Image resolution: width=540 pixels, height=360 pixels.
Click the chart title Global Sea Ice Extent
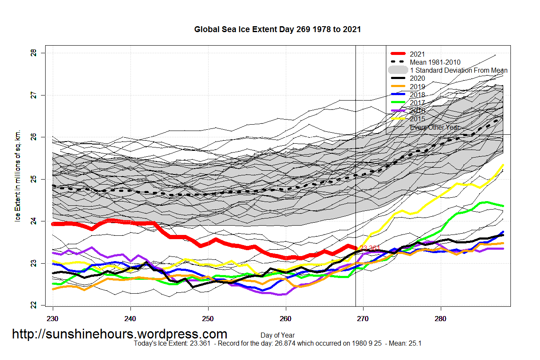pyautogui.click(x=277, y=30)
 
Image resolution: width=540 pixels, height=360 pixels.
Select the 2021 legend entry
pyautogui.click(x=417, y=54)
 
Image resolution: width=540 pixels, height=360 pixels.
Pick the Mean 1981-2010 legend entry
pyautogui.click(x=435, y=62)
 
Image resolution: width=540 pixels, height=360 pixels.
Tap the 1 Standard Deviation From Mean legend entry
pyautogui.click(x=459, y=70)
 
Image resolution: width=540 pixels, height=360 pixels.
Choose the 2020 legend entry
pyautogui.click(x=417, y=78)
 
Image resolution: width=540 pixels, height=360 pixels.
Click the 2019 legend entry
pyautogui.click(x=417, y=87)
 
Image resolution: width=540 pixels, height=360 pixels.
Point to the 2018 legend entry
pyautogui.click(x=417, y=95)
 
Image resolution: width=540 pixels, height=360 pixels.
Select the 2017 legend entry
pyautogui.click(x=417, y=103)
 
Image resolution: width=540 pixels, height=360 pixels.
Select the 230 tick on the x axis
pyautogui.click(x=53, y=318)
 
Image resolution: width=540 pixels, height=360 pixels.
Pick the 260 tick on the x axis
pyautogui.click(x=286, y=318)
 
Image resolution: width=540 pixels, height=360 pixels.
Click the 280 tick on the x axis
pyautogui.click(x=441, y=318)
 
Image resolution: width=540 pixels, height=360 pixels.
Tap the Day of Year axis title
pyautogui.click(x=277, y=335)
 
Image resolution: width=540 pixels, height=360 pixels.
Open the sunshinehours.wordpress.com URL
pyautogui.click(x=119, y=334)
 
